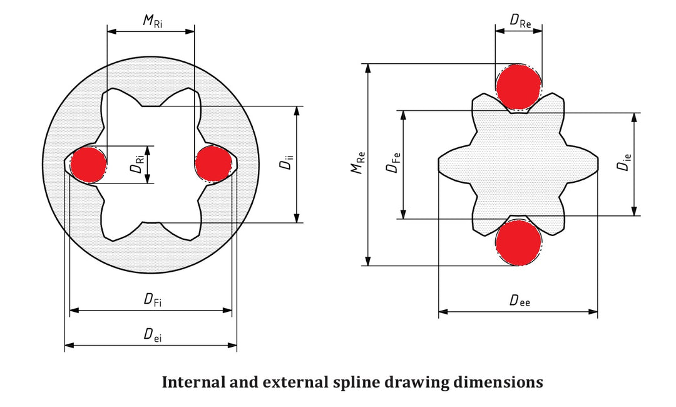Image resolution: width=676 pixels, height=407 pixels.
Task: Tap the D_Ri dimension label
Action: [138, 165]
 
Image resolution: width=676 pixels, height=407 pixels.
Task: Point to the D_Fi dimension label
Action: [150, 301]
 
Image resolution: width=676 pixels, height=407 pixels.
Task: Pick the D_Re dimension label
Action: [520, 21]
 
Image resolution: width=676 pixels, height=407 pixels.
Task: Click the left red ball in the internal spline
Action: [88, 165]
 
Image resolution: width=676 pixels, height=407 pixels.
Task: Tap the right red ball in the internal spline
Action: [213, 164]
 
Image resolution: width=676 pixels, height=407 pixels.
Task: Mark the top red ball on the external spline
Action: [518, 86]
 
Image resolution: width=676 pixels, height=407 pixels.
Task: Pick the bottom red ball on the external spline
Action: [518, 242]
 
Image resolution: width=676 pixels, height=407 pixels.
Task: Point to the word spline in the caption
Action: [364, 383]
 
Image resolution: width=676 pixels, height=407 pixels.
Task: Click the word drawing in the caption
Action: [422, 383]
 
